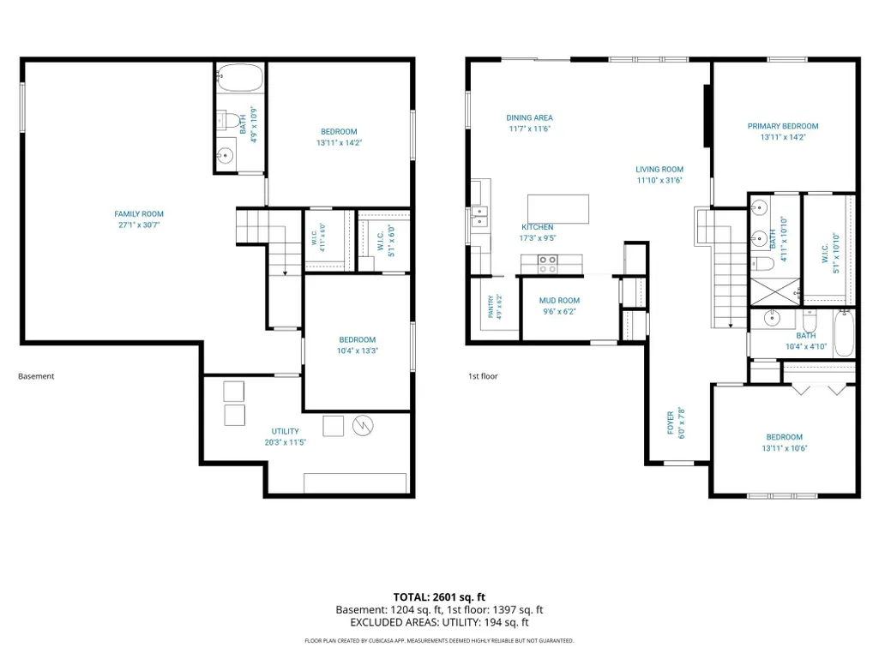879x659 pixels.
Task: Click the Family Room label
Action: (x=139, y=214)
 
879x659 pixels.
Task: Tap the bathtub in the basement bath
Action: (x=240, y=78)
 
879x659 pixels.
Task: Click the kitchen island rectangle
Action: (x=558, y=209)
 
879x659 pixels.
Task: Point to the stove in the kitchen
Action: (x=548, y=263)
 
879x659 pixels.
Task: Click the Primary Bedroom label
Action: (x=783, y=126)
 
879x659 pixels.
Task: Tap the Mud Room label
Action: (x=559, y=300)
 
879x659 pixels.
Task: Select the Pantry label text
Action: (x=491, y=307)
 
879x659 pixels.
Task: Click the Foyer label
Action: (x=671, y=422)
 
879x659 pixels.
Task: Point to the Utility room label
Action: (x=286, y=431)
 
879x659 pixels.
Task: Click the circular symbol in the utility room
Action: (x=363, y=426)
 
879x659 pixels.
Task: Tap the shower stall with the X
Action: (x=774, y=291)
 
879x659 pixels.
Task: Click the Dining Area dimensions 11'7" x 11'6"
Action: (x=530, y=129)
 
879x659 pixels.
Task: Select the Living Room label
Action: (x=659, y=169)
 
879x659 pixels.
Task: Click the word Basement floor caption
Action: (x=36, y=376)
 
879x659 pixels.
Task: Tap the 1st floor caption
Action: (x=483, y=376)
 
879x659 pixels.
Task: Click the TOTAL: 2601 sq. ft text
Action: (x=439, y=596)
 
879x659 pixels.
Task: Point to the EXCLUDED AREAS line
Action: (x=439, y=622)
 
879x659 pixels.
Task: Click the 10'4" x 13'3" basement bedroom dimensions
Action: (x=357, y=350)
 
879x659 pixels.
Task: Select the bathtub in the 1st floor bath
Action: (x=844, y=332)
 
